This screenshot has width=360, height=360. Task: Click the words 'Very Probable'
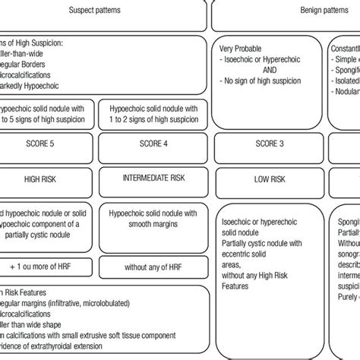point(239,46)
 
